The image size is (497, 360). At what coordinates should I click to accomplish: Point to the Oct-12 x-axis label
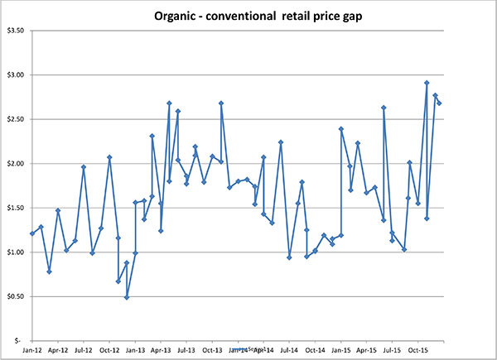109,351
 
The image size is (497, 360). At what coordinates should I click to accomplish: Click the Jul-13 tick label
186,351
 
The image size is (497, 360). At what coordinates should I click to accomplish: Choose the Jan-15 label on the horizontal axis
341,351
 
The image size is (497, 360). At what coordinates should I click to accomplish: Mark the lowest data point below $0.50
127,297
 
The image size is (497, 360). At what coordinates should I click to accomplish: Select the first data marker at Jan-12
32,233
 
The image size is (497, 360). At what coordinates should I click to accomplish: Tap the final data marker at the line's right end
440,103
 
